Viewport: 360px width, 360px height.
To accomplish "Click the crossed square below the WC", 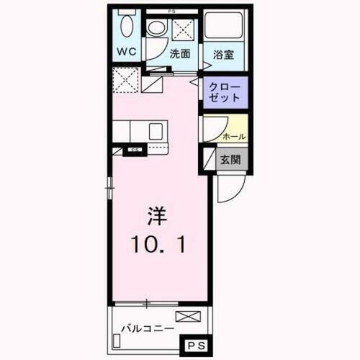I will pos(127,79).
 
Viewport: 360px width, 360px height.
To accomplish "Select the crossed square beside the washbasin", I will pos(181,29).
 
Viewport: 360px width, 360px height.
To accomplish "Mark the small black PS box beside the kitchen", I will pos(134,150).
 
